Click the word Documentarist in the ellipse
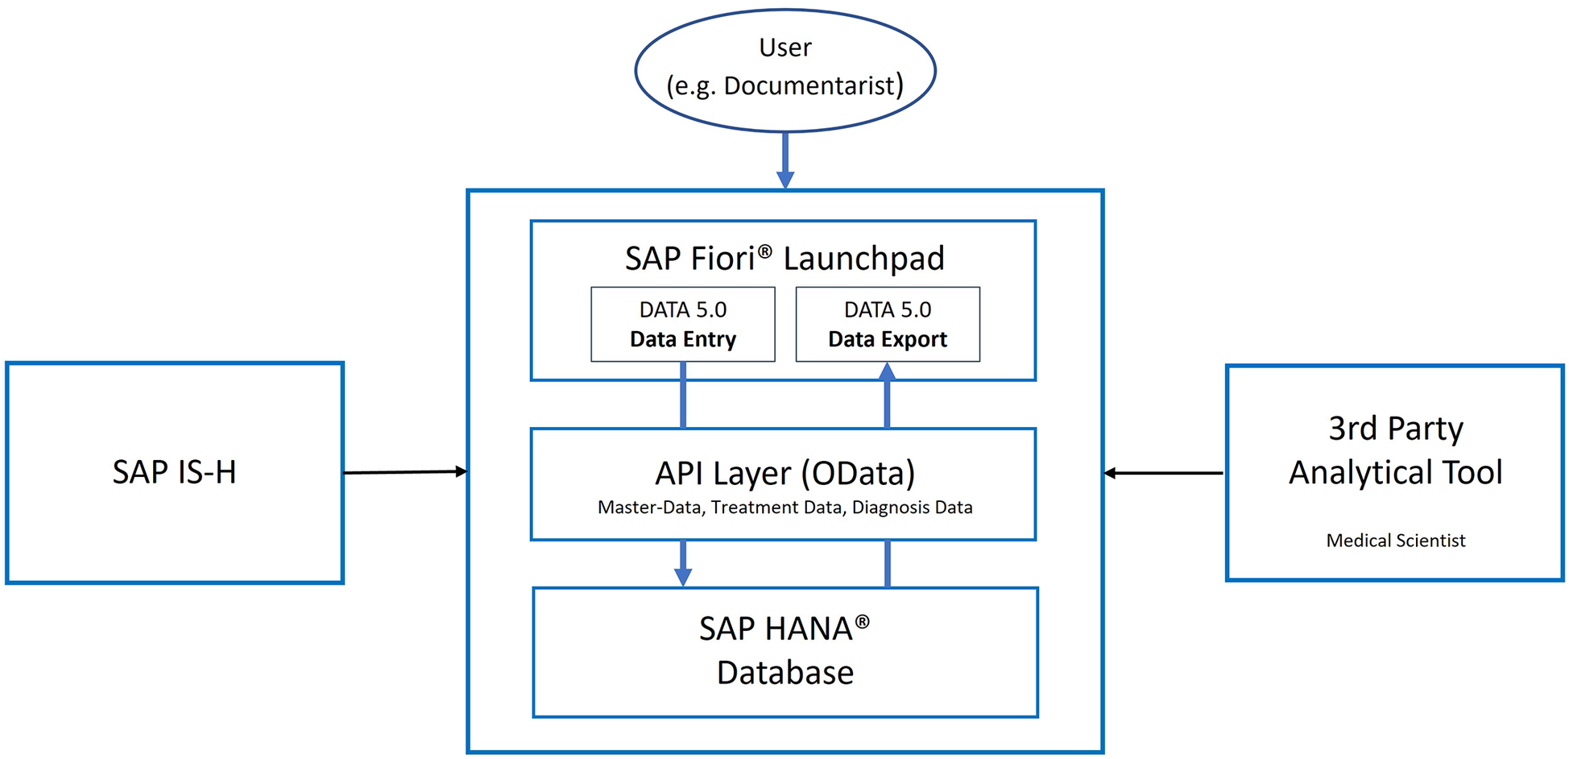[809, 85]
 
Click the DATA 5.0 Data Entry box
[683, 324]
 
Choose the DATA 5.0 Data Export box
[888, 324]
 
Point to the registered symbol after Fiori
[764, 251]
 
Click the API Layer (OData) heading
[784, 474]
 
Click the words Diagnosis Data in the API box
[912, 508]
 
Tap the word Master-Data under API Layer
[648, 508]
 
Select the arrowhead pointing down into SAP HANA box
[683, 577]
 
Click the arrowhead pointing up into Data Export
[888, 372]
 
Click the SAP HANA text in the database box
[775, 628]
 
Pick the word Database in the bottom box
[784, 673]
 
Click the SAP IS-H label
[174, 472]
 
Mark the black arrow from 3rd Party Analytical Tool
[1164, 473]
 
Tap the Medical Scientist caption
[1395, 541]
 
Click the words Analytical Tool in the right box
[1395, 472]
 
